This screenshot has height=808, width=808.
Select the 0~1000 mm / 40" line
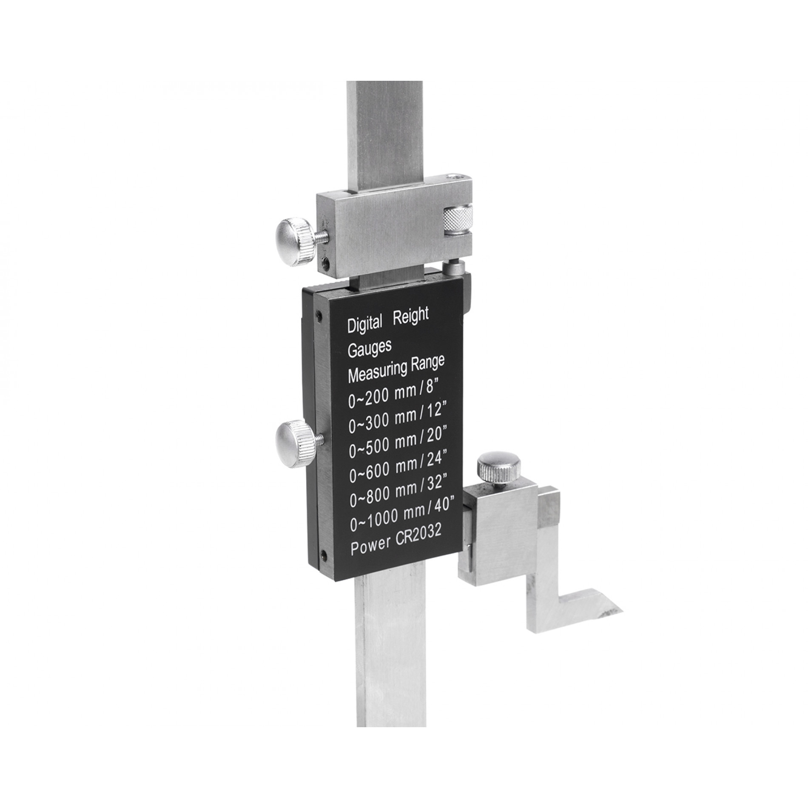point(403,520)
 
